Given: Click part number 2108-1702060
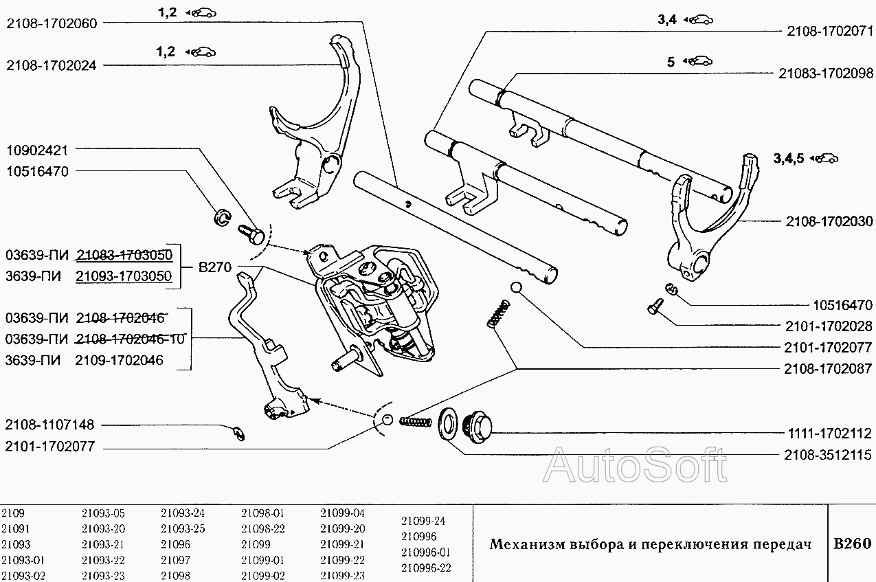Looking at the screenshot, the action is [52, 23].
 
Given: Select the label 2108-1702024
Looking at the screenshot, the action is [52, 65].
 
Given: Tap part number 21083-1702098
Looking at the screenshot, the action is [826, 73].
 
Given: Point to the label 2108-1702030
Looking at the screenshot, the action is [829, 221].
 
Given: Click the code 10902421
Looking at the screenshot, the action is [38, 150].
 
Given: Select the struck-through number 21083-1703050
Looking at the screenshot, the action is [124, 255].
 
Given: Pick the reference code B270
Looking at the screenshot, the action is [215, 267].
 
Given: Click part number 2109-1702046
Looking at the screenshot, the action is [120, 360].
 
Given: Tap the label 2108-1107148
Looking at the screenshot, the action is [49, 425].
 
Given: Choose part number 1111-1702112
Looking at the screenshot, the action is [829, 434].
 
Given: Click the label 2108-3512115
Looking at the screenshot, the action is [828, 455].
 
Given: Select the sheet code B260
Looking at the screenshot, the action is [853, 544].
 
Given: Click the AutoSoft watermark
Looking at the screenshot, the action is [635, 465].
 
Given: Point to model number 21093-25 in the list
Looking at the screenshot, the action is [183, 528].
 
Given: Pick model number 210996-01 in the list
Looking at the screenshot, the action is [426, 552].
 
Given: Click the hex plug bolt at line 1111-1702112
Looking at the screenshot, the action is [477, 427].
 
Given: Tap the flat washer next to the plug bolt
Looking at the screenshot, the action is [447, 424].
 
